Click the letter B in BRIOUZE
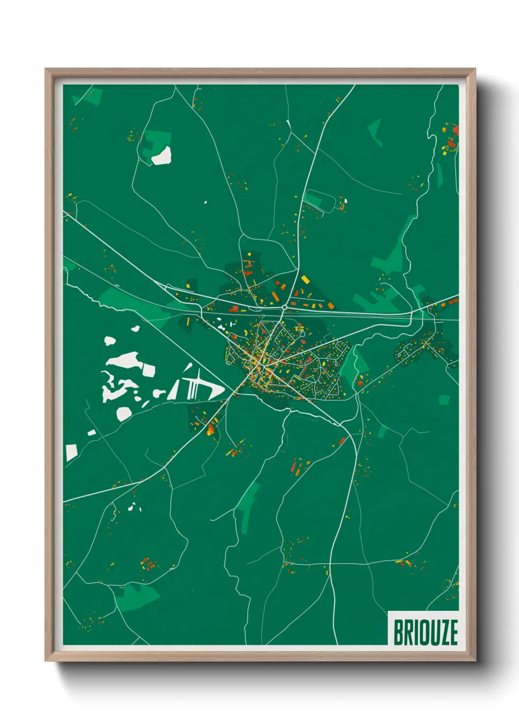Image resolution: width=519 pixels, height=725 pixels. tap(397, 632)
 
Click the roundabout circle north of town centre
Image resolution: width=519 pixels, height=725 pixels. tap(285, 307)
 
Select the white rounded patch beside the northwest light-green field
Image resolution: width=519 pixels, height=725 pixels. tap(161, 156)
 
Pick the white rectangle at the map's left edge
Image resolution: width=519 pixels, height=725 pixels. tap(71, 452)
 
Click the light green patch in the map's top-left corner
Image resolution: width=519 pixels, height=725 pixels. tap(91, 96)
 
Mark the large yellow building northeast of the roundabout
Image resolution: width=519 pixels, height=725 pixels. tap(305, 280)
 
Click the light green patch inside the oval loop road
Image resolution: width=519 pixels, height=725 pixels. tap(314, 200)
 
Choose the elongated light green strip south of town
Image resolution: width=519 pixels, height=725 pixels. tap(248, 507)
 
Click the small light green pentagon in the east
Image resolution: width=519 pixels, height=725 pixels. tap(444, 400)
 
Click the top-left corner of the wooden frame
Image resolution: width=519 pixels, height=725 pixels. tap(46, 69)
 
